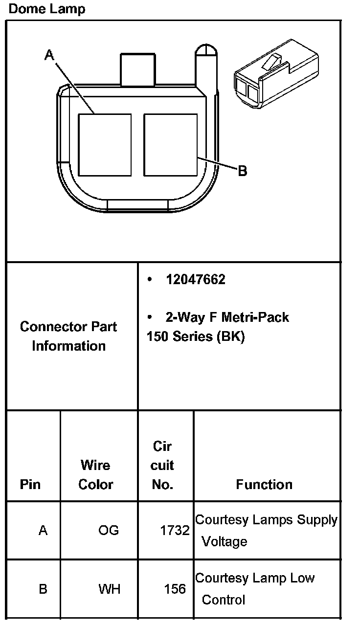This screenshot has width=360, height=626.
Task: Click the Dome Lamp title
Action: point(47,9)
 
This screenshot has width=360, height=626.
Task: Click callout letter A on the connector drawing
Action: point(49,55)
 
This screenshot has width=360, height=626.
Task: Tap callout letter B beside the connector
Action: point(242,171)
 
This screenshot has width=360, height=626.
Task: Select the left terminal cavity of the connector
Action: point(105,145)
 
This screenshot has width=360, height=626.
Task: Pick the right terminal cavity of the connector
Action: point(170,145)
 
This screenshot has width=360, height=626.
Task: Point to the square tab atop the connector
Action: point(137,70)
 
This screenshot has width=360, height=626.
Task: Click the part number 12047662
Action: point(195,279)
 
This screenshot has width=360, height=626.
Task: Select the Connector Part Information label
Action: point(68,336)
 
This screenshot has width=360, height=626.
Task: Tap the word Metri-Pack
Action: point(255,317)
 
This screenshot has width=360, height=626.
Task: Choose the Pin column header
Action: point(30,484)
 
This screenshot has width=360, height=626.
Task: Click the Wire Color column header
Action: point(96,474)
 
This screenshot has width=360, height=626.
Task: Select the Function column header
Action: point(264,484)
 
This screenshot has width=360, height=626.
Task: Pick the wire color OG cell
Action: point(109,530)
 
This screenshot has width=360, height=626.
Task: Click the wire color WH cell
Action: point(109,589)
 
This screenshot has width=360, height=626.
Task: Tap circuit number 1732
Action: point(175,530)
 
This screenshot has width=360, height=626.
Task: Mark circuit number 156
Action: point(175,589)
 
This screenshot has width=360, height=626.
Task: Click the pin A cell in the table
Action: point(43,530)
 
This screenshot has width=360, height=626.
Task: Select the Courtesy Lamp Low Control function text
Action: point(254,589)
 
